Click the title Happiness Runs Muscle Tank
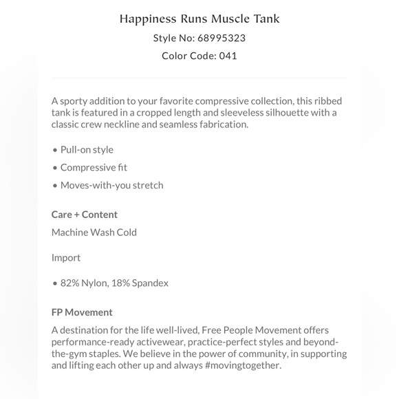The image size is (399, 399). coord(199,18)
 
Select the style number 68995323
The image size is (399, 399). coord(222,38)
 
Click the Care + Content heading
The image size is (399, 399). coord(85,214)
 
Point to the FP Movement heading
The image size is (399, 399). coord(82,312)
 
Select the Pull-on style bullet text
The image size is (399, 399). coord(87,149)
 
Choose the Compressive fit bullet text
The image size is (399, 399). coord(94,167)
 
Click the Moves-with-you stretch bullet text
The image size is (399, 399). coord(111,185)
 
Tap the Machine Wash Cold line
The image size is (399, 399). coord(94,232)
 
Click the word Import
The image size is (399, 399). coord(66,257)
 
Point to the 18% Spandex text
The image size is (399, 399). coord(143,283)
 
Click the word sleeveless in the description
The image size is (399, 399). coord(245,112)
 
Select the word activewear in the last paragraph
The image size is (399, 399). coord(165,342)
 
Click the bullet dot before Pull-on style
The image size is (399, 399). coord(54,150)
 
